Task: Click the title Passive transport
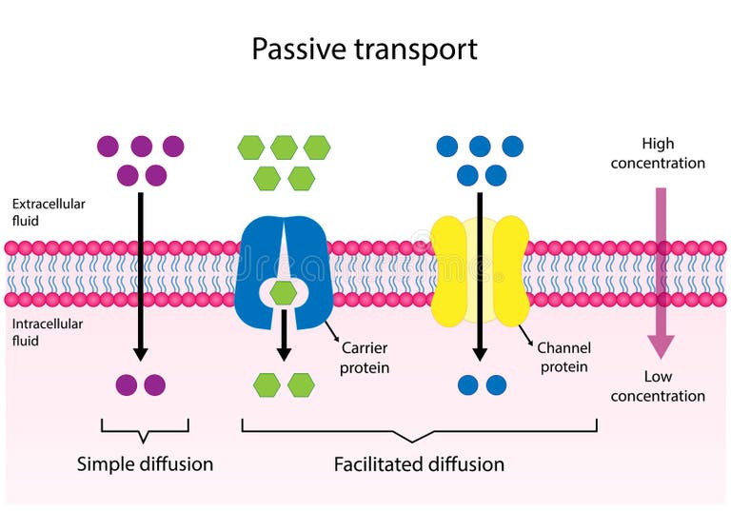point(365,49)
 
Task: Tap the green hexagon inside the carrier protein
point(282,293)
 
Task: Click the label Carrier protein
point(365,358)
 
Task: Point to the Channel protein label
point(563,357)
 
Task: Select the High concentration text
point(658,153)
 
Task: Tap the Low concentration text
point(658,385)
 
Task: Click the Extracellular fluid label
point(49,211)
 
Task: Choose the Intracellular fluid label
point(49,331)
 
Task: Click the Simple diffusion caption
point(145,464)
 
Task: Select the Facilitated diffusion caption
point(419,464)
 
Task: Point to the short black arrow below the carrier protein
point(283,338)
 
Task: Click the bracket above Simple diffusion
point(145,431)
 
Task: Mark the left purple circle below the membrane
point(128,384)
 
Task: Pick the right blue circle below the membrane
point(496,384)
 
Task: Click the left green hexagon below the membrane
point(267,384)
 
